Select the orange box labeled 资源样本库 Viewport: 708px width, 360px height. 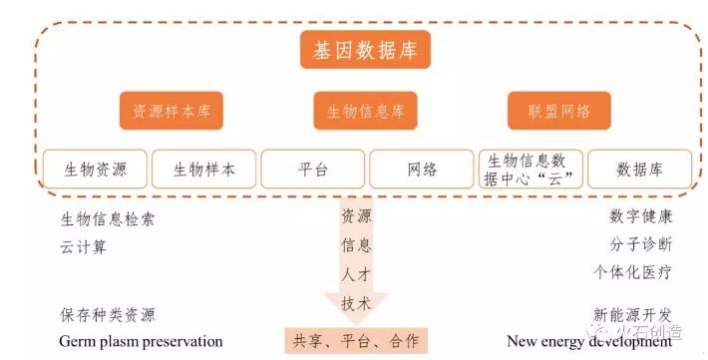[x=172, y=111]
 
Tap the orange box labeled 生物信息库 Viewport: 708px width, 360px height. [x=365, y=111]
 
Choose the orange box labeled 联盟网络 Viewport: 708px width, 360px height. [x=559, y=111]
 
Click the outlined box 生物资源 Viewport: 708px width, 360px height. [x=96, y=170]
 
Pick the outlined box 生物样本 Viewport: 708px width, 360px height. [x=204, y=170]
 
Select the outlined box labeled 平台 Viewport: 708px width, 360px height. [x=312, y=170]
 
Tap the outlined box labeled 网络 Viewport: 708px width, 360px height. [x=422, y=170]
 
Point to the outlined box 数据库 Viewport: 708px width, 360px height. [x=639, y=170]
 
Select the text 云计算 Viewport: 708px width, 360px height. [x=84, y=247]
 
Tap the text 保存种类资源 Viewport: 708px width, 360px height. [x=108, y=315]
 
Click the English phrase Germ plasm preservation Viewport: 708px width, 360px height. [x=141, y=341]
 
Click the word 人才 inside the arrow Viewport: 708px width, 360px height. [x=356, y=273]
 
